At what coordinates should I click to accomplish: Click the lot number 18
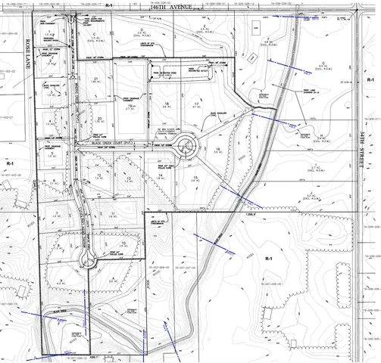tap(166, 102)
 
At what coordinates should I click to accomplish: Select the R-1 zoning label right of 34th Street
tap(370, 79)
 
